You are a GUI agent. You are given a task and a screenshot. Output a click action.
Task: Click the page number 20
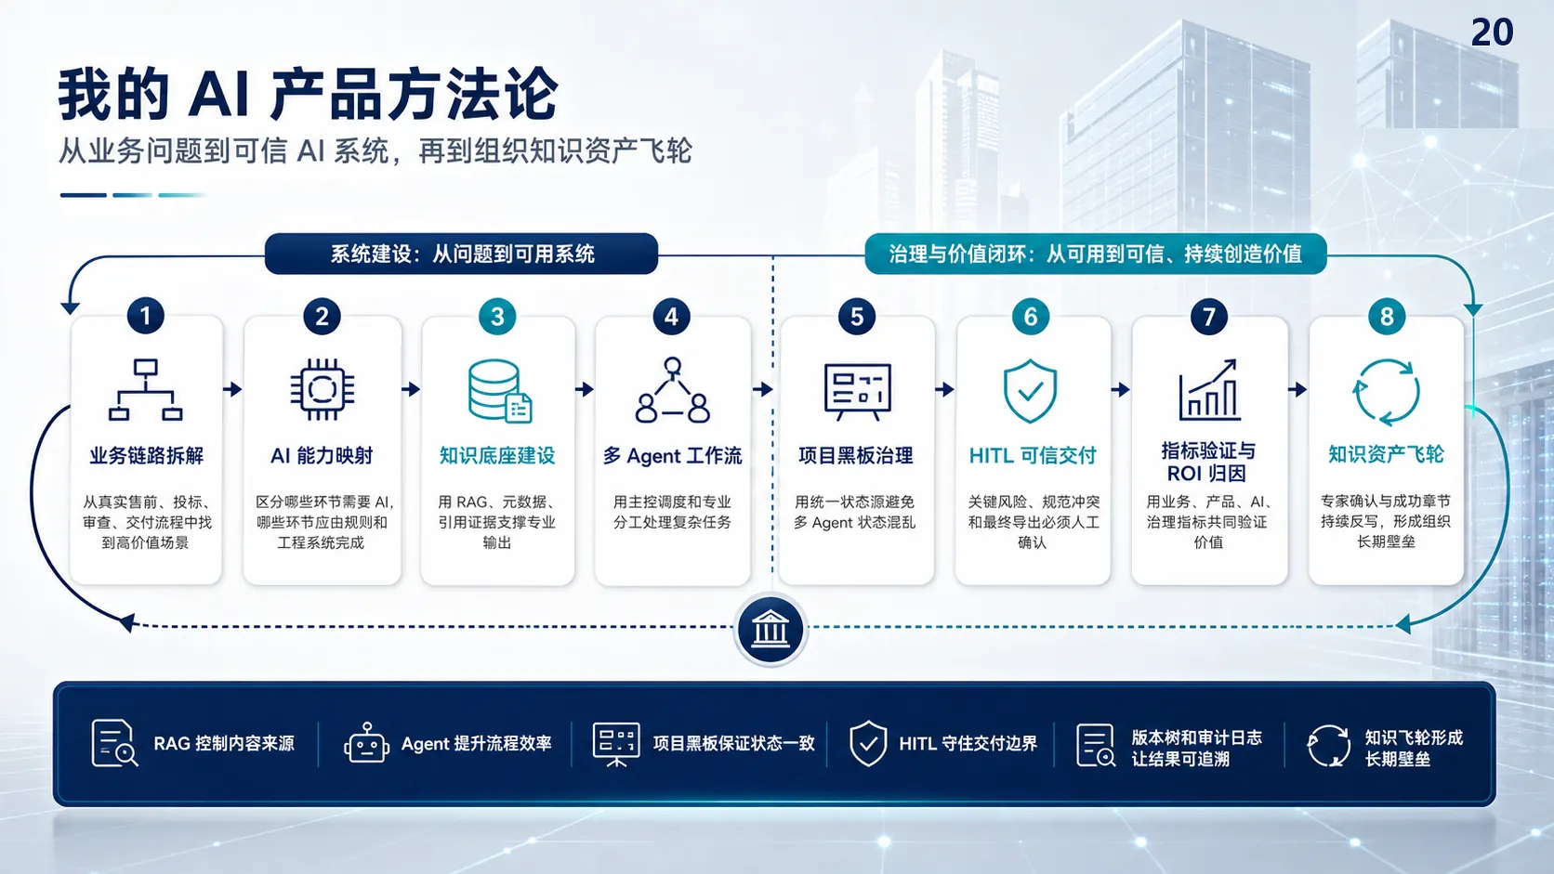[1492, 33]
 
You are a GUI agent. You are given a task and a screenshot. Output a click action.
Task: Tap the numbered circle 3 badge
[497, 317]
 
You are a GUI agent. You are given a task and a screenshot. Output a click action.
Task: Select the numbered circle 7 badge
[1208, 317]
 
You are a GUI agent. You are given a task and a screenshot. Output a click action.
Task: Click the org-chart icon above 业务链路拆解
[146, 389]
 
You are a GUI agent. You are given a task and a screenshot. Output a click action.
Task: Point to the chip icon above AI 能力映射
[322, 389]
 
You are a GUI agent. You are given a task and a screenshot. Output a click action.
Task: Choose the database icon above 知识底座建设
[499, 390]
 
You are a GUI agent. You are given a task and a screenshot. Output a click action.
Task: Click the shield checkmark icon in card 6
[1030, 391]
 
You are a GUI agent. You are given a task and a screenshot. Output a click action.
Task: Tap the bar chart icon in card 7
[1208, 389]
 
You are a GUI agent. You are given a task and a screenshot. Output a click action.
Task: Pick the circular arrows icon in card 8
[1387, 392]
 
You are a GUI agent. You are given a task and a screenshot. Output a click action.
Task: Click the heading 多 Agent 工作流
[672, 455]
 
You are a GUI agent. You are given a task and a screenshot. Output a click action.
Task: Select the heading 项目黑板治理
[855, 455]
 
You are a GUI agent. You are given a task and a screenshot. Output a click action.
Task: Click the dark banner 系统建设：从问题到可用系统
[461, 254]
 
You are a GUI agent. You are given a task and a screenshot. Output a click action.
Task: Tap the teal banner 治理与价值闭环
[1096, 254]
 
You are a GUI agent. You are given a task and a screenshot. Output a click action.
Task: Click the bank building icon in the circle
[770, 630]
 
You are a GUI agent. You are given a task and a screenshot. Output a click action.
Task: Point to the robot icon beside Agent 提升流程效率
[366, 744]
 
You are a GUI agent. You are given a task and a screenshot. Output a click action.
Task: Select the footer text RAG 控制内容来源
[223, 744]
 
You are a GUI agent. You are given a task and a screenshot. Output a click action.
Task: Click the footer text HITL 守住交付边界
[968, 744]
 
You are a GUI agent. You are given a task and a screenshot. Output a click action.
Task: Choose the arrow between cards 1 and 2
[233, 389]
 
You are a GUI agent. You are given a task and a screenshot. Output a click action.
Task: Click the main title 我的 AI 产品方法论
[308, 94]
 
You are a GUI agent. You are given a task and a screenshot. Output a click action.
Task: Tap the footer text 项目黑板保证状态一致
[733, 744]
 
